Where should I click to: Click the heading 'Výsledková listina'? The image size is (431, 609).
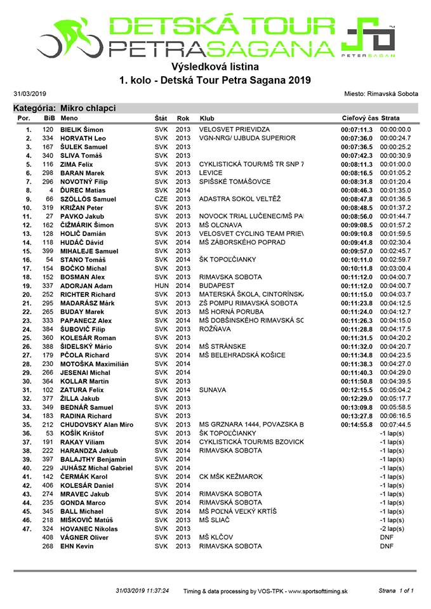pyautogui.click(x=215, y=66)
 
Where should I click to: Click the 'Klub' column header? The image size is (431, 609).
pyautogui.click(x=207, y=118)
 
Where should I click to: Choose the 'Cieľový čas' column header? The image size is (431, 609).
pyautogui.click(x=359, y=118)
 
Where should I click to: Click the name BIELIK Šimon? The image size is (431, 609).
pyautogui.click(x=82, y=129)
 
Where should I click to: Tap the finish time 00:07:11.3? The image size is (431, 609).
pyautogui.click(x=357, y=129)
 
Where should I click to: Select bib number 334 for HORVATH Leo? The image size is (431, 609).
pyautogui.click(x=48, y=138)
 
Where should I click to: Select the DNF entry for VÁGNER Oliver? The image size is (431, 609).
pyautogui.click(x=387, y=537)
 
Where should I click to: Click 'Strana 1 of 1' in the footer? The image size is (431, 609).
pyautogui.click(x=396, y=591)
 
